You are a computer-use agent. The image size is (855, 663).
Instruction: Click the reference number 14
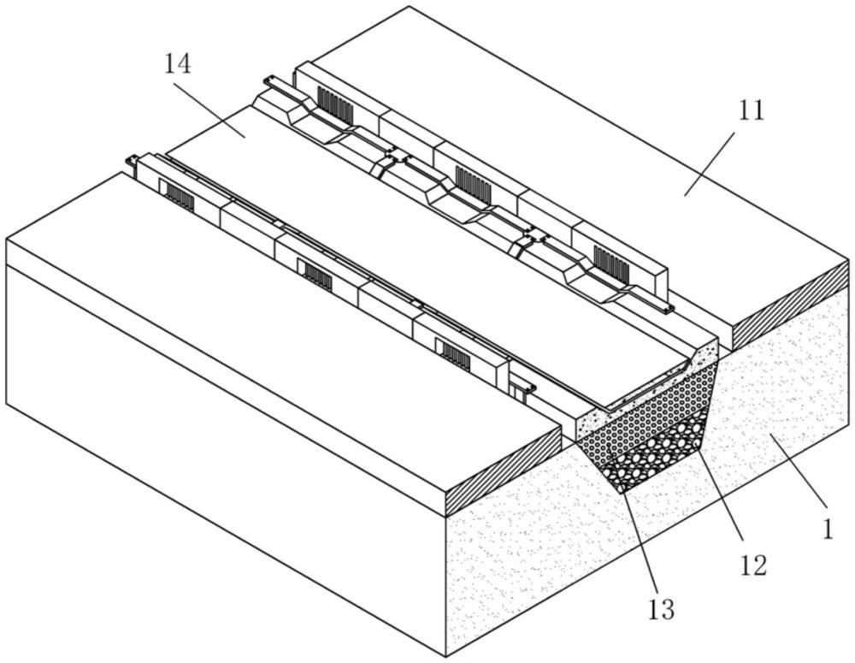click(179, 66)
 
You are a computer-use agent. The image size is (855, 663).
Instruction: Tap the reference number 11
click(752, 110)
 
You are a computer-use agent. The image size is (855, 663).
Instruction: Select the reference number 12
click(753, 565)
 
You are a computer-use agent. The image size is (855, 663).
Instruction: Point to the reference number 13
click(661, 609)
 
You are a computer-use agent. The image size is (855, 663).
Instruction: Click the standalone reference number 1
click(828, 529)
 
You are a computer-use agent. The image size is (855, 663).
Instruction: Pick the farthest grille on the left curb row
click(180, 197)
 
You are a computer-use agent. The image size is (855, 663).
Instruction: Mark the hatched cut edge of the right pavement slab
click(792, 305)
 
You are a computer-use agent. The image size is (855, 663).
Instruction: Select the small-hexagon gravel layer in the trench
click(649, 415)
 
